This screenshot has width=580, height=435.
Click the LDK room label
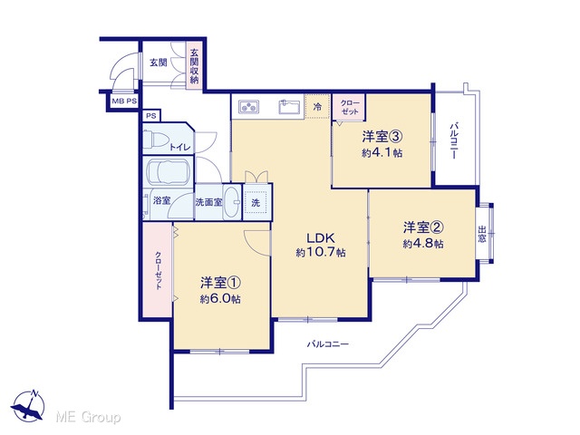tap(320, 237)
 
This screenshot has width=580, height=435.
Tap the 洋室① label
tap(221, 283)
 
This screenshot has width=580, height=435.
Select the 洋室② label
tap(423, 227)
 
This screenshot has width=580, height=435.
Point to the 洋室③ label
tap(382, 137)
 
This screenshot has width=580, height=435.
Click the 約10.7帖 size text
tap(321, 253)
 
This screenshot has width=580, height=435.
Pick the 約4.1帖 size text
tap(382, 153)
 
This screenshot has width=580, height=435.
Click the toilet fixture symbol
tap(156, 139)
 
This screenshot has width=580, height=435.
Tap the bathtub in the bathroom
tap(169, 172)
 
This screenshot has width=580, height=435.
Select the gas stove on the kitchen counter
tap(249, 107)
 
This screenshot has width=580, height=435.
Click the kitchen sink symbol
tap(289, 107)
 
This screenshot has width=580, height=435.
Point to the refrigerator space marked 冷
tap(317, 107)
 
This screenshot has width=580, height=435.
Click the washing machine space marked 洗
tap(256, 202)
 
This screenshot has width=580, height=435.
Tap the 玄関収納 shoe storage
tap(194, 66)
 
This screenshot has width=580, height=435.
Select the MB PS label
tap(124, 101)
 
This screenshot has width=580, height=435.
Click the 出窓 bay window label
tap(481, 234)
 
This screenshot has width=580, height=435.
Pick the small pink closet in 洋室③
tap(349, 107)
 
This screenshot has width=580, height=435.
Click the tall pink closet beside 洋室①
tap(158, 269)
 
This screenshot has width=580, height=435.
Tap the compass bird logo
tap(28, 406)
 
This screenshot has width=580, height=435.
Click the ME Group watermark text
tap(88, 417)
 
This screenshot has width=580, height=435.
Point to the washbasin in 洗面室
tap(233, 202)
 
